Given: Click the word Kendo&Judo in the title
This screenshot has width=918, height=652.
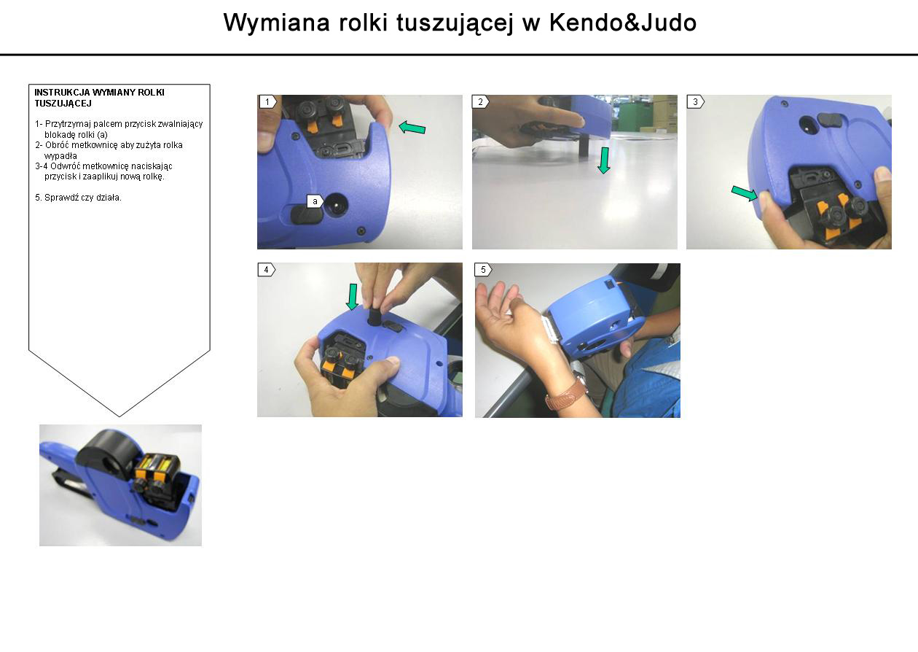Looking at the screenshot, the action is pos(622,23).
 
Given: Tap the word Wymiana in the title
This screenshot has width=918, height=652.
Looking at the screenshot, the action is pos(277,23).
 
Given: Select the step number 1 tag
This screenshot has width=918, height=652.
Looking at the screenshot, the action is pos(268,102).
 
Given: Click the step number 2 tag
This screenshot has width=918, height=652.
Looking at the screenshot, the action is pos(481,102).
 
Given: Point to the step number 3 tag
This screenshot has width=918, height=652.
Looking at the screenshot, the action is pos(696,102).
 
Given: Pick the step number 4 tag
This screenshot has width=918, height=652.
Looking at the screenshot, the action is pos(267,270).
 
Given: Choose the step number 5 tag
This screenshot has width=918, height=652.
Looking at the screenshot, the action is pos(484,270).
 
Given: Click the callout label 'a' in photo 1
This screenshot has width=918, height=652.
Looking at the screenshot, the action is pos(315,201).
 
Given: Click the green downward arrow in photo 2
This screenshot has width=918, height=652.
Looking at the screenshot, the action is pos(604,160).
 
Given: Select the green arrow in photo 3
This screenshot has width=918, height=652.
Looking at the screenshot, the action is pos(745,193).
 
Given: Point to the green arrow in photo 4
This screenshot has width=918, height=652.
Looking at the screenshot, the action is pos(352,297).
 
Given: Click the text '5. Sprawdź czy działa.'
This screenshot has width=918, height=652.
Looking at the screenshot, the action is pos(78,198).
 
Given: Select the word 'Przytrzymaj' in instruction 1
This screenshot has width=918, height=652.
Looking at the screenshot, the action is pos(68,124).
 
